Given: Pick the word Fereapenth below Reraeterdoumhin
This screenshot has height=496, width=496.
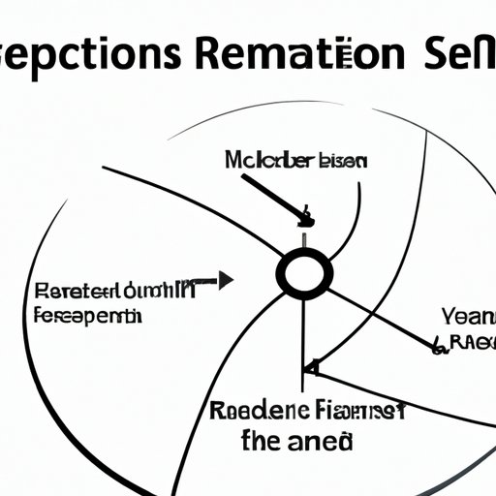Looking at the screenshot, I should pos(86,316).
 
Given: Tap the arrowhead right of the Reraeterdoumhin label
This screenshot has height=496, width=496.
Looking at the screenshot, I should pos(226,282).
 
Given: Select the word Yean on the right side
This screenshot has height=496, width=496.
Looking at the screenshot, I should pos(470,315).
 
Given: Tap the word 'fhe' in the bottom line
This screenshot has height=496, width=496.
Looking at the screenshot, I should pos(262,441).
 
